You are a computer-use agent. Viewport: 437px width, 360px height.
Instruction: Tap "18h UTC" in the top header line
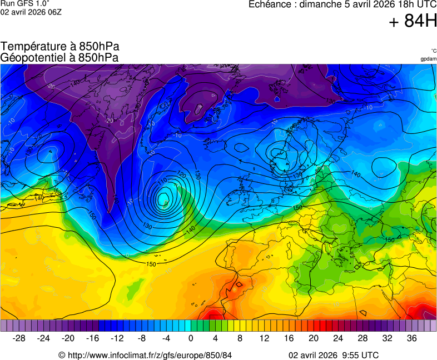[414, 4]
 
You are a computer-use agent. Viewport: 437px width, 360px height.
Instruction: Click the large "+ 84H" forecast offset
[413, 21]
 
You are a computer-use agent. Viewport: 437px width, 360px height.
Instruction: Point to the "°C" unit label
[433, 51]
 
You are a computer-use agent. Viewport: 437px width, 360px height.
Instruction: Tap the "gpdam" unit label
[429, 59]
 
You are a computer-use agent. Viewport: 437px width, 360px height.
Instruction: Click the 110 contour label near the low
[162, 182]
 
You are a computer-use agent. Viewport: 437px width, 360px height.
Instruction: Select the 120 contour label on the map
[181, 174]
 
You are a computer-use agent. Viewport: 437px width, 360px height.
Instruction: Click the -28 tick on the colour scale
[19, 338]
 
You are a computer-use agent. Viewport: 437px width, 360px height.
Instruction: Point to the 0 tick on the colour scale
[191, 338]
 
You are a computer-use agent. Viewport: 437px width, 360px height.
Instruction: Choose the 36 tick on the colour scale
[411, 338]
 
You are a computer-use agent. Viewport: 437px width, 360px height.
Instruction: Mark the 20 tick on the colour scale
[314, 338]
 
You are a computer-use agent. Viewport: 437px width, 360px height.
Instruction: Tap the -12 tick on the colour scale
[117, 338]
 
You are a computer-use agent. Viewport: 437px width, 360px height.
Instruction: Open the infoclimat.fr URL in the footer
[150, 355]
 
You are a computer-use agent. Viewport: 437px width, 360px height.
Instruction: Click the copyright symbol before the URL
[62, 355]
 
